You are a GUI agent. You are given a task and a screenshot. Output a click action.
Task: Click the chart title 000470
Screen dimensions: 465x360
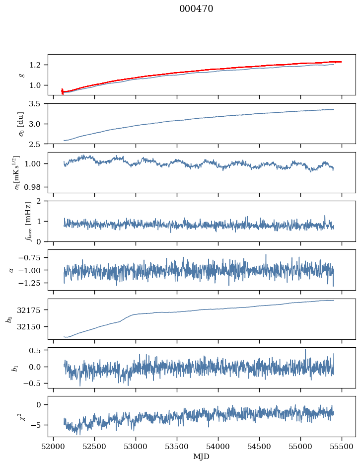pyautogui.click(x=196, y=9)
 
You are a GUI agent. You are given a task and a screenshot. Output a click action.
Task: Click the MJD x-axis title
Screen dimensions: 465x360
pyautogui.click(x=201, y=457)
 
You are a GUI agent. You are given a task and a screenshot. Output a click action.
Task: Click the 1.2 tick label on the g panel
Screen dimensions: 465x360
pyautogui.click(x=38, y=65)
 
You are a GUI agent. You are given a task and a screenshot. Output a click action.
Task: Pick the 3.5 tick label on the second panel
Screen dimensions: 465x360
pyautogui.click(x=38, y=104)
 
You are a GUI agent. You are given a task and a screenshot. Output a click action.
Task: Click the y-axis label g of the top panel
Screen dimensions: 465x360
pyautogui.click(x=21, y=75)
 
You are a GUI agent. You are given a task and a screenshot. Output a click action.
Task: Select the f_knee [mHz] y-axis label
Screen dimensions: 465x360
pyautogui.click(x=28, y=221)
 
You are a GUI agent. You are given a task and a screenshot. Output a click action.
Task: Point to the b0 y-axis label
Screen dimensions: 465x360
pyautogui.click(x=9, y=318)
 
